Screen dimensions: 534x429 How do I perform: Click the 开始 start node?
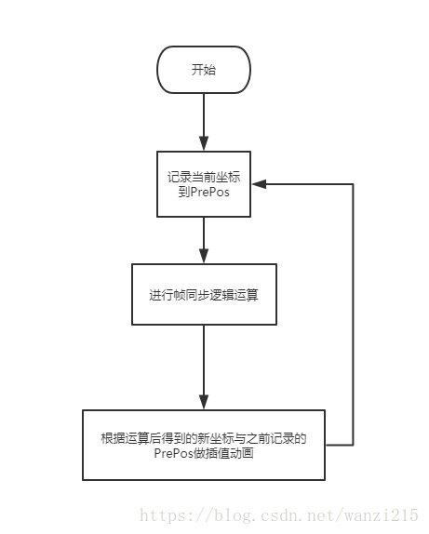click(x=203, y=70)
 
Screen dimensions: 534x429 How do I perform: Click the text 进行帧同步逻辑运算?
click(x=203, y=295)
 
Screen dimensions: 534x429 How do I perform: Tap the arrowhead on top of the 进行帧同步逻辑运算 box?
click(x=203, y=260)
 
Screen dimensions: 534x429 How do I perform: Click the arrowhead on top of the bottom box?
click(x=203, y=403)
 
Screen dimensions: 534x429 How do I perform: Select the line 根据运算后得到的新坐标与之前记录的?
click(x=203, y=437)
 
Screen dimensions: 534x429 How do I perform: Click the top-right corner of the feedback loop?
click(x=354, y=185)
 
